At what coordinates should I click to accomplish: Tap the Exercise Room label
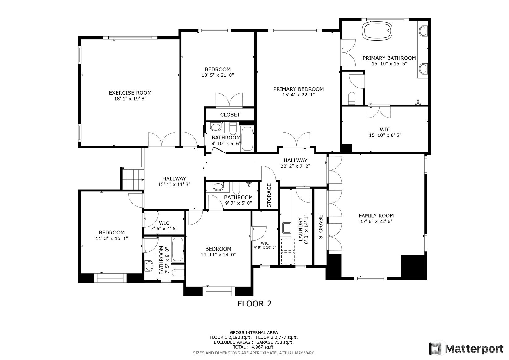(130, 93)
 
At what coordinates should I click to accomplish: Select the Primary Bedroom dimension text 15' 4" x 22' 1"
(298, 95)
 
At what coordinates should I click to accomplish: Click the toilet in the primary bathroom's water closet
(351, 98)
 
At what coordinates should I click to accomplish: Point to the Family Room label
(376, 216)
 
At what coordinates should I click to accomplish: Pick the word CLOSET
(230, 115)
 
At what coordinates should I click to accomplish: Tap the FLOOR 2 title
(255, 304)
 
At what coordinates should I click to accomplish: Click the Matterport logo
(466, 349)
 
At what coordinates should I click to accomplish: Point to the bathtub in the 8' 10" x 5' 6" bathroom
(247, 139)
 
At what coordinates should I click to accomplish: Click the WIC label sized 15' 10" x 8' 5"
(385, 129)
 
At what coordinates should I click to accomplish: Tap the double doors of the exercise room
(162, 139)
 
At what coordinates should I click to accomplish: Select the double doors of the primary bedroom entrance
(296, 139)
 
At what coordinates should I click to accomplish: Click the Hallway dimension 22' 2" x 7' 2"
(295, 166)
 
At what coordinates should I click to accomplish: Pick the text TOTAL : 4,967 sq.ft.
(254, 347)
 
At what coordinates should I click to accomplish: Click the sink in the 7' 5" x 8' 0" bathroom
(149, 266)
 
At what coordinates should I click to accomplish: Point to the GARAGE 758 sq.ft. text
(275, 342)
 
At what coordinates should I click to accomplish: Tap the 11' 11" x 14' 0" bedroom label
(218, 252)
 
